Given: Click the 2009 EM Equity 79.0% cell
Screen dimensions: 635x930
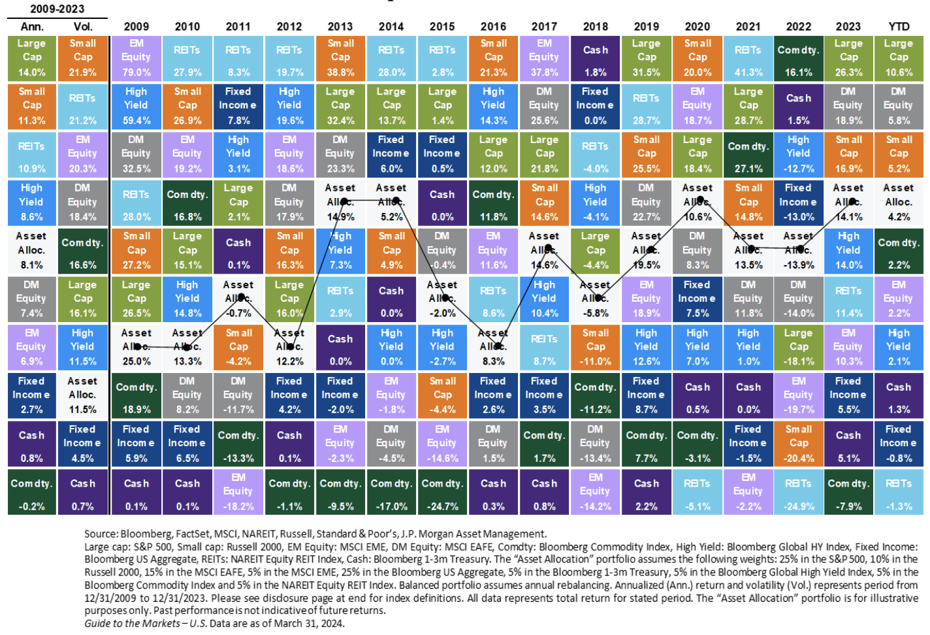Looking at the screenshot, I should [x=136, y=57].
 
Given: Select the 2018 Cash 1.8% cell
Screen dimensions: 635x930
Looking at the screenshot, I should [x=595, y=57].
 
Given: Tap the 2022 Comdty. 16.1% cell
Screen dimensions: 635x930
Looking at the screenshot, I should [x=798, y=57].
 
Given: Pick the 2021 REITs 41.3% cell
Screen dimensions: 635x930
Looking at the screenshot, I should [x=748, y=57].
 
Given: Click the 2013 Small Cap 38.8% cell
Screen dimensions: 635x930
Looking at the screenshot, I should [x=340, y=57].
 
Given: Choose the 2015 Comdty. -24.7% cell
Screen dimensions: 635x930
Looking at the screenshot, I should [x=442, y=492].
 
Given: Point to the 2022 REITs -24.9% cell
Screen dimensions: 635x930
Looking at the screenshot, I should [x=798, y=492].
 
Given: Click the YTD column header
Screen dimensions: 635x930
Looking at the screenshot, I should [x=899, y=26].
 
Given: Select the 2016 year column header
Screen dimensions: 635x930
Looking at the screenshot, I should [x=493, y=26].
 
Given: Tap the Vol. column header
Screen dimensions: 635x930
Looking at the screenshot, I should [x=83, y=26].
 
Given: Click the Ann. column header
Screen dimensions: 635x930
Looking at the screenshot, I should [x=32, y=26].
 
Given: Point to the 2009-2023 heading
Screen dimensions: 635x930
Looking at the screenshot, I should [x=57, y=8].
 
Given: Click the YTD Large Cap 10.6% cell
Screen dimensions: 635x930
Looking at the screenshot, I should [x=899, y=57].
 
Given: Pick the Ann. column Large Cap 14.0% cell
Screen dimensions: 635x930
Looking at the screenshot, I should [x=32, y=57].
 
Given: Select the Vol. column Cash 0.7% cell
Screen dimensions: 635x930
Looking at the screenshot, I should [x=83, y=492].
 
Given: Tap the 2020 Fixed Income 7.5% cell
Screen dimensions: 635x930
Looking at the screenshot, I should [x=697, y=299].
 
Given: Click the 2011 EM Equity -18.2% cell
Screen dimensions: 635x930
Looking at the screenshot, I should [x=238, y=492].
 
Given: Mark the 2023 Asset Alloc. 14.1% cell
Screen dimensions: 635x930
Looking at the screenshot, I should [x=848, y=203].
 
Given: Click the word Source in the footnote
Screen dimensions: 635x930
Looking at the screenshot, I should [x=101, y=534].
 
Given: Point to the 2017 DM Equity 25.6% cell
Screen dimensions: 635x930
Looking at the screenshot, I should [x=544, y=106].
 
